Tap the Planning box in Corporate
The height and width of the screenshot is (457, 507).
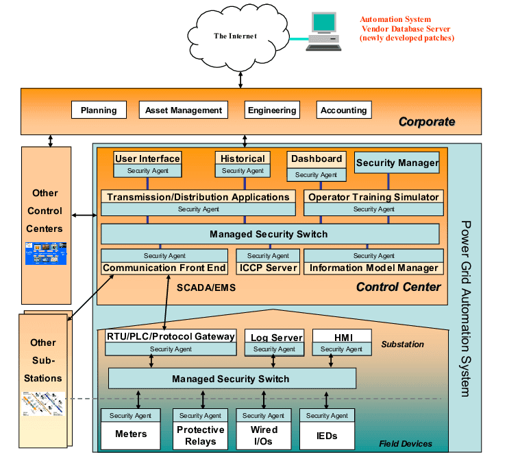99,110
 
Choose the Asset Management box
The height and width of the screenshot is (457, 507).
184,110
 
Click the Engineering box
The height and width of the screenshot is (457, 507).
272,110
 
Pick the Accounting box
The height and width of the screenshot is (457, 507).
344,110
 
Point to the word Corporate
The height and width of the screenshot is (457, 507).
427,122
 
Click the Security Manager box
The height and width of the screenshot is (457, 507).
397,163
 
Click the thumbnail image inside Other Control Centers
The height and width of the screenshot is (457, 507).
46,253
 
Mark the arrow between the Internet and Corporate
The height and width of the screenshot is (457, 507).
240,77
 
